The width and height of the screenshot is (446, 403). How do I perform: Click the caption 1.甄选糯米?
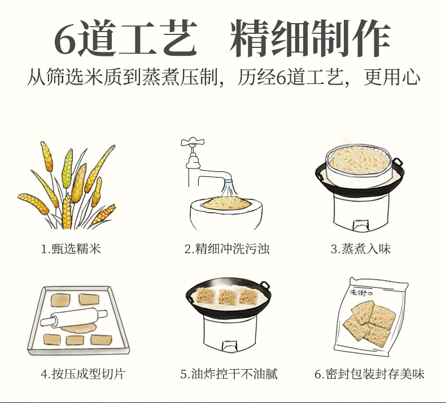71,249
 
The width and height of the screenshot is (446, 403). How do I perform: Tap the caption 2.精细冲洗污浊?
227,249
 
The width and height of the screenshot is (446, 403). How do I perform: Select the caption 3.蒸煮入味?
361,249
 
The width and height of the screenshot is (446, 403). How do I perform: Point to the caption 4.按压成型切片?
83,374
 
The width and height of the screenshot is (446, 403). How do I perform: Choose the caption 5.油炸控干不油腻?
229,374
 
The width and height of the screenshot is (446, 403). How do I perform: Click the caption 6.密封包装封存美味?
369,374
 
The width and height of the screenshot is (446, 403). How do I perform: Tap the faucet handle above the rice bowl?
193,141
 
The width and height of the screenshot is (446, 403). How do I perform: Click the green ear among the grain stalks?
67,169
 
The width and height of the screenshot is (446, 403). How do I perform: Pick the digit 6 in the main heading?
65,39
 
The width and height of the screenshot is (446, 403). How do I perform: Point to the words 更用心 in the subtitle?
392,77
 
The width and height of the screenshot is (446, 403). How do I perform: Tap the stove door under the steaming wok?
360,226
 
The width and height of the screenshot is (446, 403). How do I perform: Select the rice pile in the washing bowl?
226,203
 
